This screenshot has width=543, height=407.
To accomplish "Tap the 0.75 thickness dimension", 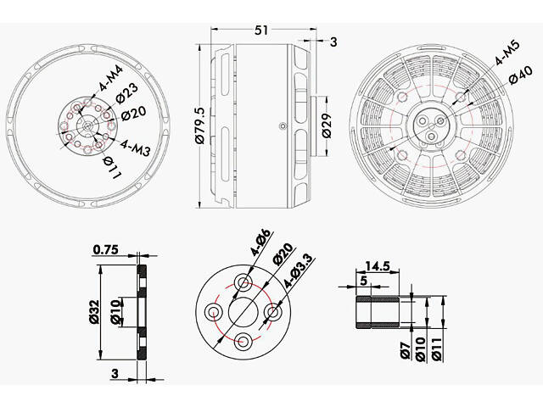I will coord(105,249).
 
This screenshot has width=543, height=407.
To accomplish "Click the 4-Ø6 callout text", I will coord(260,243).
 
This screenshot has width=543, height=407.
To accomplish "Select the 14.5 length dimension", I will coord(376,265).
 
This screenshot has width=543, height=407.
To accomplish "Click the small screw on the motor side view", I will coord(281,125).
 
